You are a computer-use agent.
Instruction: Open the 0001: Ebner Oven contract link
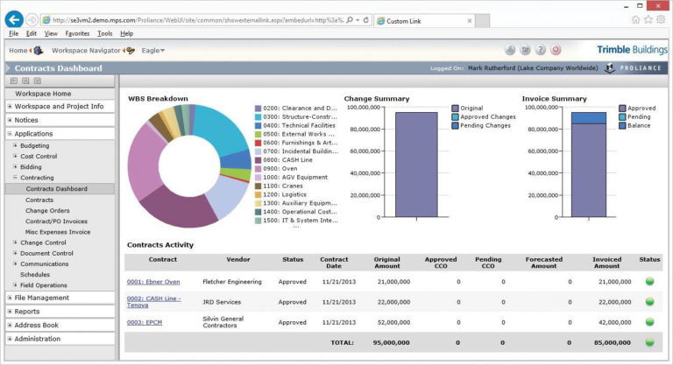(153, 282)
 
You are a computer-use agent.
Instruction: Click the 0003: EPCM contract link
(145, 321)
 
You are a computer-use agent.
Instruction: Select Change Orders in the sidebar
(47, 210)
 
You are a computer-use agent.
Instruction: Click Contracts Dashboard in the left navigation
(56, 188)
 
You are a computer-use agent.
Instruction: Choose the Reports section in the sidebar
(27, 311)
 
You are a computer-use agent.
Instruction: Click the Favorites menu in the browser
(77, 33)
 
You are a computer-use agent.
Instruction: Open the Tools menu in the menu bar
(105, 33)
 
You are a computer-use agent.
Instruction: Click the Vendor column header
(237, 260)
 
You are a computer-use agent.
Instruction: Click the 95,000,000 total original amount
(393, 342)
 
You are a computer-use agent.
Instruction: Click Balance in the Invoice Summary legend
(638, 125)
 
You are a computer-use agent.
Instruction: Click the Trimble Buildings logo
(630, 50)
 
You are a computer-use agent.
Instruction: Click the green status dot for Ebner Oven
(650, 282)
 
